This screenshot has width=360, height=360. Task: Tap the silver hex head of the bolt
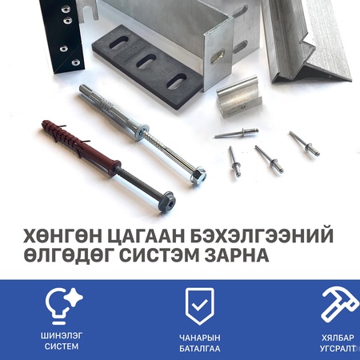(x=197, y=175)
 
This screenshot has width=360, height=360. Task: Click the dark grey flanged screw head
(x=164, y=202)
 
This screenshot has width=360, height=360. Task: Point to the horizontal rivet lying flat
(x=236, y=133)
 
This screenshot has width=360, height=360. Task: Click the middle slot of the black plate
(x=146, y=61)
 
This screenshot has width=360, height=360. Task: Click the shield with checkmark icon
(x=200, y=306)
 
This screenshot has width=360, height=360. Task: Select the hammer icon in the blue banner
(x=339, y=305)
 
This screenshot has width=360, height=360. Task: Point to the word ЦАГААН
(x=146, y=236)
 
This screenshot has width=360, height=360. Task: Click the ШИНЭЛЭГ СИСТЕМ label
(x=62, y=341)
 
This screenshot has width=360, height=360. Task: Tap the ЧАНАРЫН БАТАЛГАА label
(x=200, y=343)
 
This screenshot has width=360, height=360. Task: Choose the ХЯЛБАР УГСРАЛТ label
(x=338, y=343)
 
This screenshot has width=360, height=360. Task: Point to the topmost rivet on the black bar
(x=66, y=10)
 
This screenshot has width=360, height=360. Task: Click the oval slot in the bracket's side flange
(x=217, y=57)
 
